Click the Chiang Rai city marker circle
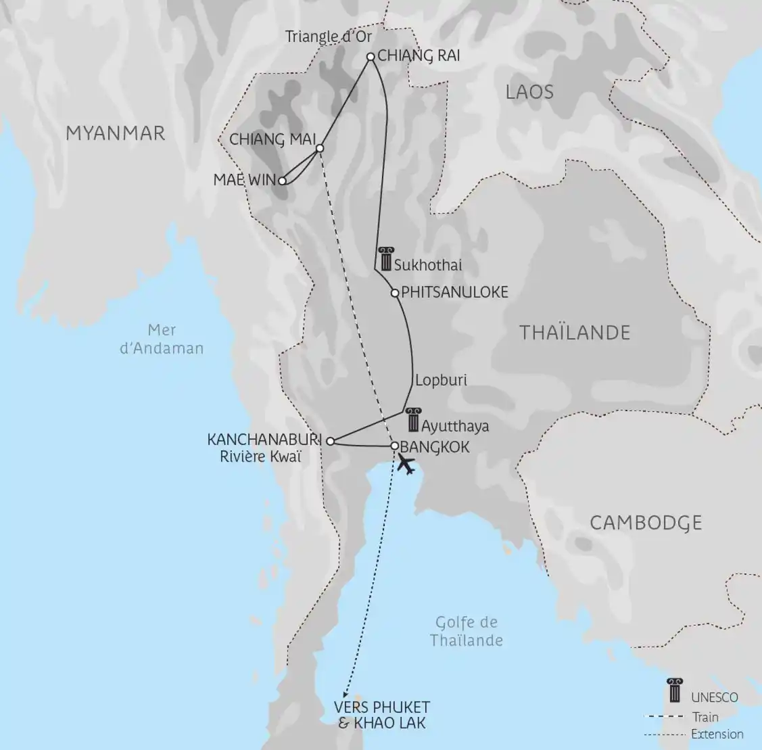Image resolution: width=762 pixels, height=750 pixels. [371, 57]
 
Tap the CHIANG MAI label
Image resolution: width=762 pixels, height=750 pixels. [273, 139]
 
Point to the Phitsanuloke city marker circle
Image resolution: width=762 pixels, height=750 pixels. [395, 293]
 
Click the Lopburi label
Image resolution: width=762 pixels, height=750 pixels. [441, 380]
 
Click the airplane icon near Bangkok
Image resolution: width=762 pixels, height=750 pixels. [406, 464]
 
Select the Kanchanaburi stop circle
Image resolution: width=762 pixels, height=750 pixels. [330, 441]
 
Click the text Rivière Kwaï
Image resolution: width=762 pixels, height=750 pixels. [260, 456]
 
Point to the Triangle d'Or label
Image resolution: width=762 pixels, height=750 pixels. [329, 36]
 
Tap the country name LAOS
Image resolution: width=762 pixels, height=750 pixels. [529, 92]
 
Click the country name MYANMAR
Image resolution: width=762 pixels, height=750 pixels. [115, 133]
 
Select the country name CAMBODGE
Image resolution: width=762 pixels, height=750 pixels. [646, 523]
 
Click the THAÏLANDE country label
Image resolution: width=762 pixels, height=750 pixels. [574, 333]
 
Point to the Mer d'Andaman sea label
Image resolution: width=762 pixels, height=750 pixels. [162, 339]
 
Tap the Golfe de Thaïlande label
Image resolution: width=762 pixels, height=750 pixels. [467, 631]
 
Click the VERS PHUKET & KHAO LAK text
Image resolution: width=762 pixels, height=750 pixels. [381, 715]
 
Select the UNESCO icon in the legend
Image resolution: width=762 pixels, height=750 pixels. [673, 690]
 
